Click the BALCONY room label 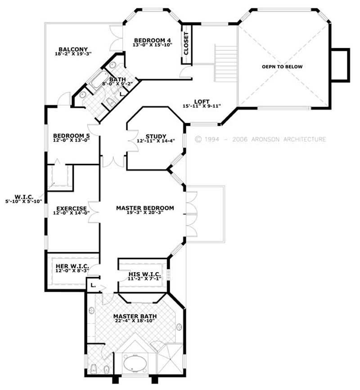73,49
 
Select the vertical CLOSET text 186,44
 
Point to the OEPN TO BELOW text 282,67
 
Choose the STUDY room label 156,136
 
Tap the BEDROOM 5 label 71,135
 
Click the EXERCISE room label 71,208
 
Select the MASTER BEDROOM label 145,208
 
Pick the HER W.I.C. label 72,266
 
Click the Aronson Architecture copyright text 261,139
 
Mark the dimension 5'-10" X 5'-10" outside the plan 23,202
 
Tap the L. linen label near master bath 93,285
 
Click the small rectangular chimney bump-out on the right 340,65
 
